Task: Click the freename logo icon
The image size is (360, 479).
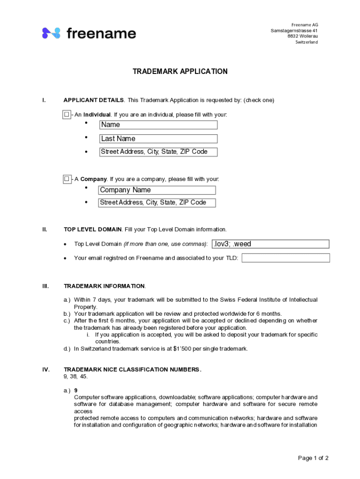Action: pos(51,33)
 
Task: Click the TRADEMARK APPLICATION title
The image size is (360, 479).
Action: pos(180,72)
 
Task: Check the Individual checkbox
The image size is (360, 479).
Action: pos(67,115)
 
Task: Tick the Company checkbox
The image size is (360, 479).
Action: pos(67,179)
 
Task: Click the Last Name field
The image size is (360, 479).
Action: pos(158,138)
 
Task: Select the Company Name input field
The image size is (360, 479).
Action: pos(157,190)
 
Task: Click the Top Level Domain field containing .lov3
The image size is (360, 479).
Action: pos(270,244)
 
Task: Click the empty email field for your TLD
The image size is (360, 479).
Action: pos(286,258)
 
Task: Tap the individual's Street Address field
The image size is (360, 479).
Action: pos(158,152)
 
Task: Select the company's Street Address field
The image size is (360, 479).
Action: pos(157,203)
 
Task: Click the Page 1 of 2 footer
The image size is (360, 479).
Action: pos(313,458)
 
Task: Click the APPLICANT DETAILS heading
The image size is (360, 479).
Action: pos(94,100)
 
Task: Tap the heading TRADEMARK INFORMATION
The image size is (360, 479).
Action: pos(104,286)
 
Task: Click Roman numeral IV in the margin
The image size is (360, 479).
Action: pos(46,370)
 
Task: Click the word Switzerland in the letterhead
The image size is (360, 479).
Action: pos(306,42)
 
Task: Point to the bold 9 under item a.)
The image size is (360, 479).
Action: pos(76,390)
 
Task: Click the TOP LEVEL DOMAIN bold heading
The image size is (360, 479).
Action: pos(93,229)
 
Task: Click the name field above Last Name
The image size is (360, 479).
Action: pos(158,125)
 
